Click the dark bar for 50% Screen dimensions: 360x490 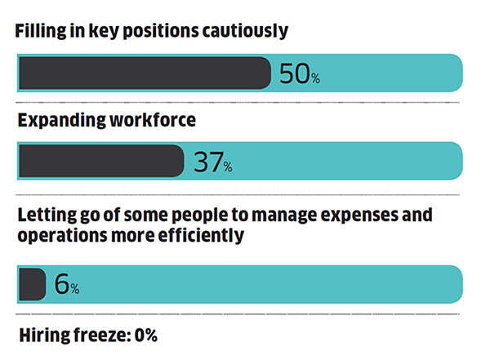click(144, 73)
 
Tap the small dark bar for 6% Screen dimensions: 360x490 click(31, 284)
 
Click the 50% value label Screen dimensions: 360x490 click(299, 74)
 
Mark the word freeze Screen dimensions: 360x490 click(96, 335)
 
